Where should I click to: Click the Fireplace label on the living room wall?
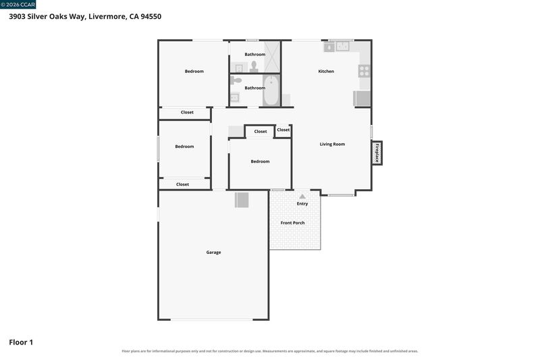click(377, 153)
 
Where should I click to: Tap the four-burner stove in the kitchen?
click(364, 71)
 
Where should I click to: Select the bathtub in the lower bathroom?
click(271, 91)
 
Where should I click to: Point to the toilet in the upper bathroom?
click(254, 66)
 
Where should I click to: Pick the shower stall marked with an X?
click(272, 57)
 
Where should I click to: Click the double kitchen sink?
click(343, 46)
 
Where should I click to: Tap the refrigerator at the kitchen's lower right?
click(362, 99)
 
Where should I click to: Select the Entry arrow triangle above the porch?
click(302, 197)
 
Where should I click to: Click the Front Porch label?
click(292, 223)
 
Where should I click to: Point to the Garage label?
click(213, 252)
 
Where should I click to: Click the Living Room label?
click(332, 144)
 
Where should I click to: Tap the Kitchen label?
click(326, 72)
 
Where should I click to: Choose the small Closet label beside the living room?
click(283, 130)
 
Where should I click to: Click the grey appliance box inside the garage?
click(242, 200)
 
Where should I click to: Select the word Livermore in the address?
click(107, 16)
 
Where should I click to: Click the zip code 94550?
click(151, 16)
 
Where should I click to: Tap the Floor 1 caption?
click(21, 342)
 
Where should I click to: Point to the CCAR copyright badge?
click(18, 5)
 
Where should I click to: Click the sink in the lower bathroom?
click(234, 98)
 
